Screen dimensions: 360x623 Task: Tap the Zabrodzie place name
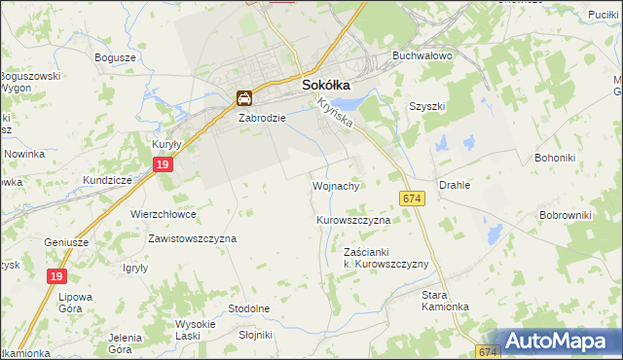coord(262,118)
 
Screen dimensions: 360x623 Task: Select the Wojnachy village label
coord(337,185)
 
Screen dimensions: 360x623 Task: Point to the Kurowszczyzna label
coord(353,221)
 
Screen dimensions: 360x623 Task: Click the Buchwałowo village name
coord(422,56)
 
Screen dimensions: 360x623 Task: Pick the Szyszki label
coord(427,107)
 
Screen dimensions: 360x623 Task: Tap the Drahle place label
coord(455,185)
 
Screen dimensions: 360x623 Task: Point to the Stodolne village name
coord(248,308)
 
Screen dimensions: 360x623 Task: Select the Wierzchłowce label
coord(164,214)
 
